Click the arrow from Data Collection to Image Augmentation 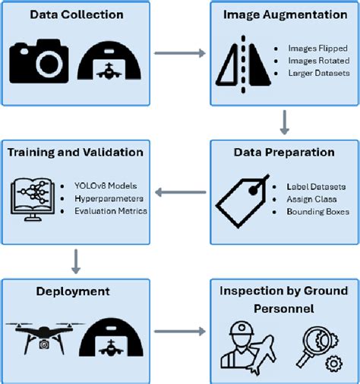click(x=180, y=53)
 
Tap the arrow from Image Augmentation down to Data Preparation click(x=284, y=121)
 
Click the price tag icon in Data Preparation click(x=242, y=200)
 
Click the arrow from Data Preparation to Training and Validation click(x=180, y=194)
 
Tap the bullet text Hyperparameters click(x=99, y=199)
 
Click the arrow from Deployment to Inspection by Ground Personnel click(x=180, y=331)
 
